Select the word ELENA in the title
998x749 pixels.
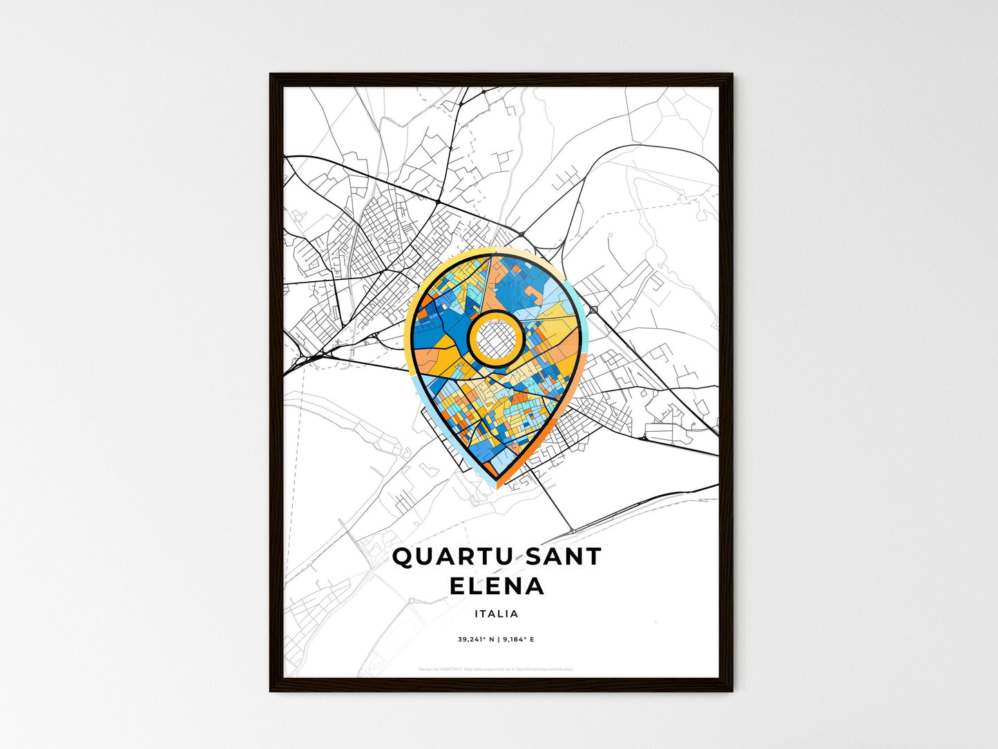click(x=497, y=587)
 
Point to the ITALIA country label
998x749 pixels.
click(x=497, y=614)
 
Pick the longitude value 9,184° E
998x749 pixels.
click(x=519, y=640)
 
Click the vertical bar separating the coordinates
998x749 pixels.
click(x=497, y=640)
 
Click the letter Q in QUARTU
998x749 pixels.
click(x=402, y=557)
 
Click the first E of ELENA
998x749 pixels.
click(x=457, y=587)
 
